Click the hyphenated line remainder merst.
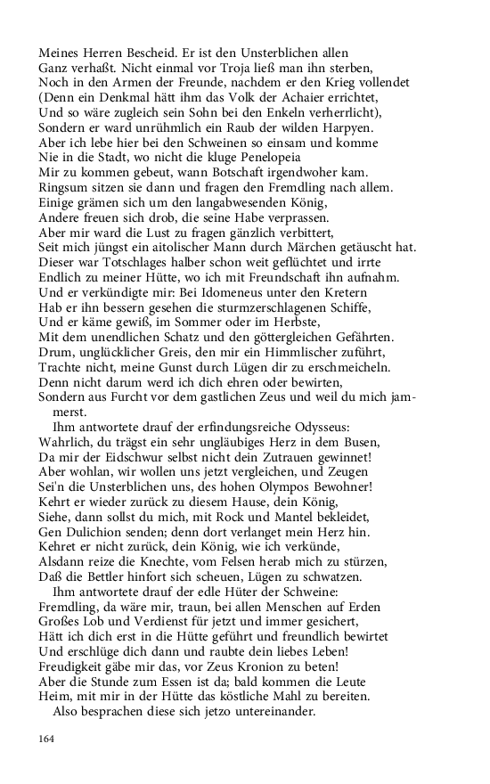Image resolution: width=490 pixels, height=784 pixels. [x=74, y=388]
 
